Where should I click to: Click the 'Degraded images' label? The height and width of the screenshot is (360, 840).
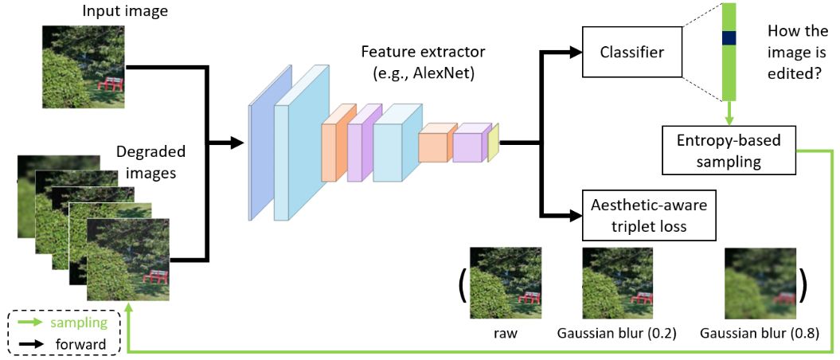pos(150,160)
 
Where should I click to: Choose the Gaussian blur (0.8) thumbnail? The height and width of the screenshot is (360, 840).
pos(760,284)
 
